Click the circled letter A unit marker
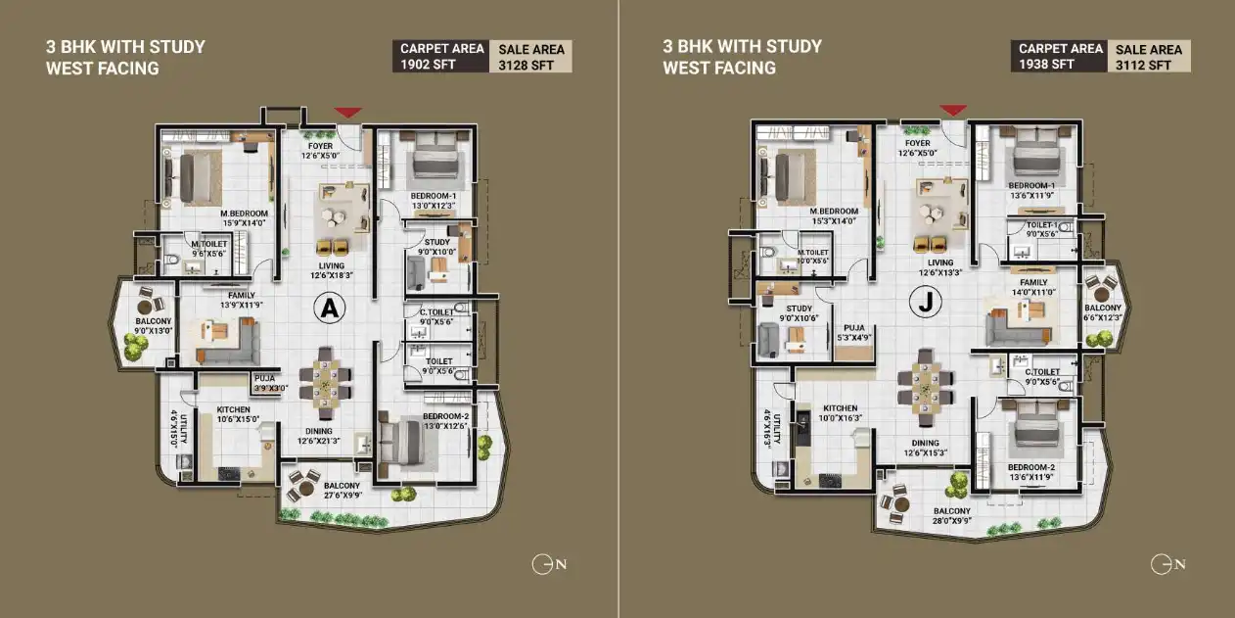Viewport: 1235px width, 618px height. (x=330, y=309)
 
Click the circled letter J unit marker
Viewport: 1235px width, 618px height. (x=923, y=304)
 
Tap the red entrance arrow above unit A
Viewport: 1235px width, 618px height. (x=347, y=114)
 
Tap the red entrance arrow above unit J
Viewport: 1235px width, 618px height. (x=953, y=110)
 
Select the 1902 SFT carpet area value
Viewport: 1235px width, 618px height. (x=420, y=65)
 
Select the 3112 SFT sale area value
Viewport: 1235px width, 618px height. (x=1142, y=65)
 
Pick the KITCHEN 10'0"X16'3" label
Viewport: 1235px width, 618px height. (x=840, y=413)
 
